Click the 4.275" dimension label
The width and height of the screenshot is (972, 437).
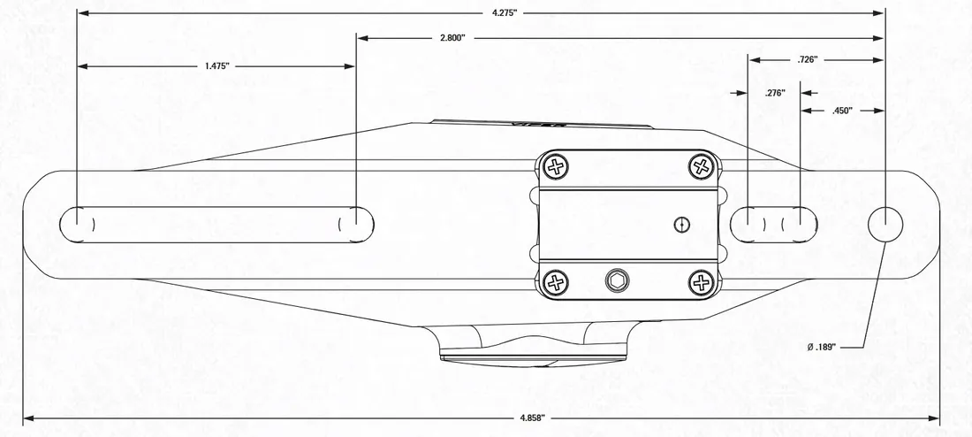504,13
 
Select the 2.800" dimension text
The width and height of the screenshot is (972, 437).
452,39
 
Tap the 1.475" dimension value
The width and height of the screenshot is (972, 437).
216,66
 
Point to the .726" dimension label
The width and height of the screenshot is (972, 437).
806,59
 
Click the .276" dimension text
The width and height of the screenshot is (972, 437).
774,92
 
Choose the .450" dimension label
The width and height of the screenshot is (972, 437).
842,111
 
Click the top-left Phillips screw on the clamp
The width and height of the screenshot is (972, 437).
556,165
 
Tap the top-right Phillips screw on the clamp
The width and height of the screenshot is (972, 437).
702,165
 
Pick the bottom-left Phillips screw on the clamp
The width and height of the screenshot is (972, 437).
556,283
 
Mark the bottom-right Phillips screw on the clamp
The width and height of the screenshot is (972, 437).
702,283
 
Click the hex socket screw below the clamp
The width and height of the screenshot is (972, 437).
615,282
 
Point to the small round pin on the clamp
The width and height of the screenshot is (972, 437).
680,223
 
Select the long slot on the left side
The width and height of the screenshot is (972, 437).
216,224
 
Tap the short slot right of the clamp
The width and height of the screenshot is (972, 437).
774,224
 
